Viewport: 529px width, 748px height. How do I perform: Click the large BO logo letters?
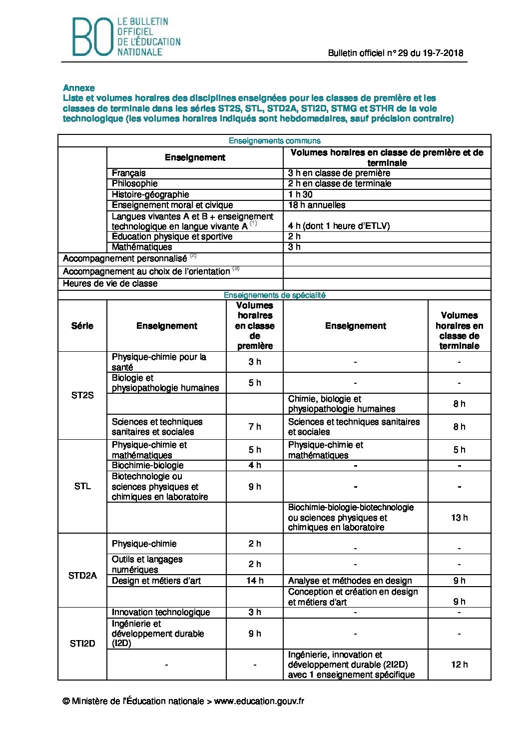92,36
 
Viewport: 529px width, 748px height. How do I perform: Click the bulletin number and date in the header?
395,53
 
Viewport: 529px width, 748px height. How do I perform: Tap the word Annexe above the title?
79,88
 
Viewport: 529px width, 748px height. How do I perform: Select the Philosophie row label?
135,183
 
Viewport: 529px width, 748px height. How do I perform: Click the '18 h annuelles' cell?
317,205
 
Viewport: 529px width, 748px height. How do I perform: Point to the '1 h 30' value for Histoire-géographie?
301,194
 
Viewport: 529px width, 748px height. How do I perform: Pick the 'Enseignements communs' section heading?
274,141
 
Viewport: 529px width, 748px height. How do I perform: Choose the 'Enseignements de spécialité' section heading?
274,295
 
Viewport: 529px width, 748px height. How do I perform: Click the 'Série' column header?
82,326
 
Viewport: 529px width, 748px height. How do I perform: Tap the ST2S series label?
82,395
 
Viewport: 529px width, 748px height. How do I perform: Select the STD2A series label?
82,576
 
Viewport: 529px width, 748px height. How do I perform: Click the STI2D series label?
82,644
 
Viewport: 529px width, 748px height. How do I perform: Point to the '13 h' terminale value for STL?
459,518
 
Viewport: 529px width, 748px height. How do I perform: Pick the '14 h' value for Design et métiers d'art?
255,581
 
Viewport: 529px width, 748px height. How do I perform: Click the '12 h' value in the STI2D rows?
459,665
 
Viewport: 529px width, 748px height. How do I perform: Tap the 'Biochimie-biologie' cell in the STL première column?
148,465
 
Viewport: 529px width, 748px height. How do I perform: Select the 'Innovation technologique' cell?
161,612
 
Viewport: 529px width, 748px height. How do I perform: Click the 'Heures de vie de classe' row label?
110,284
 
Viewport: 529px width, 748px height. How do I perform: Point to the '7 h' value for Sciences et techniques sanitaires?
255,427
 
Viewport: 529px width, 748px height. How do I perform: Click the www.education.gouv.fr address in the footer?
259,701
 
